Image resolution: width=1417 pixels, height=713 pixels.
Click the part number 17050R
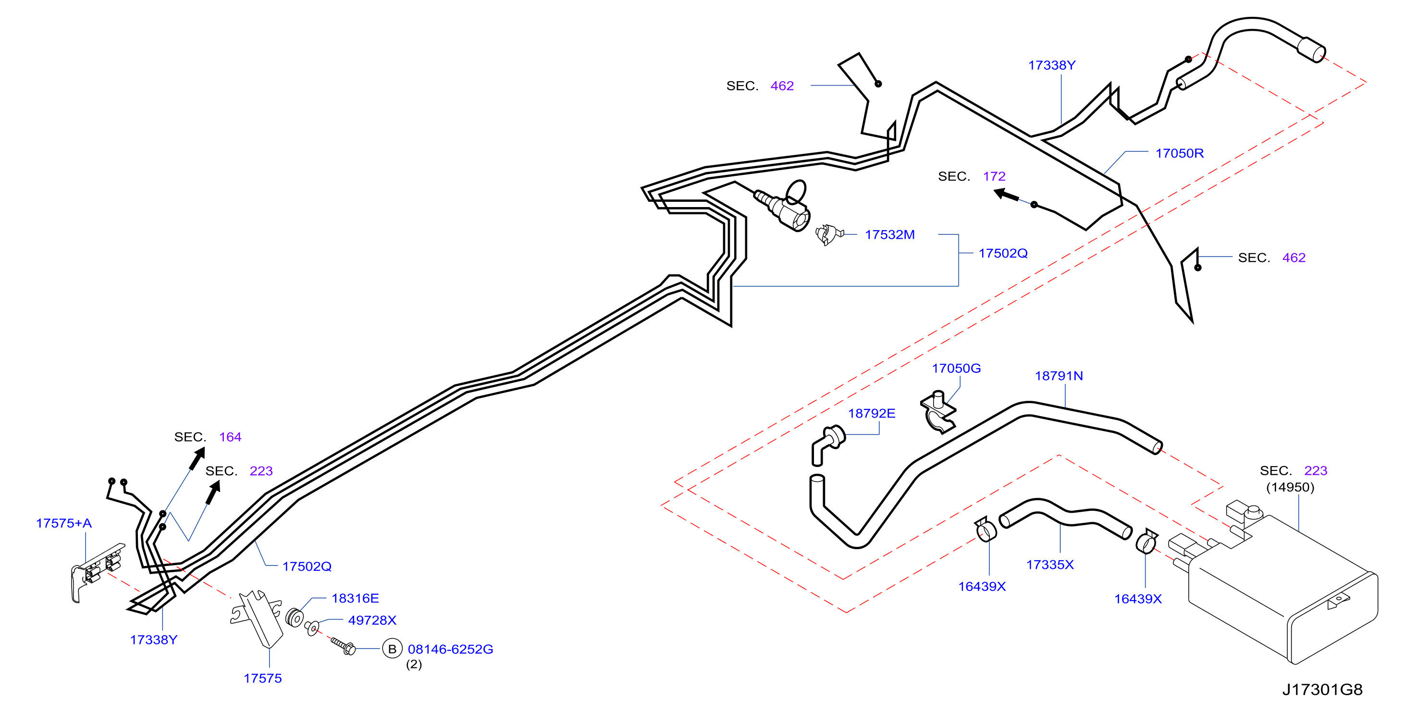click(x=1179, y=153)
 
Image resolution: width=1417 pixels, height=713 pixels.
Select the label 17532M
click(x=889, y=234)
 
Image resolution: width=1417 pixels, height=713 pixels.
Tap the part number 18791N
click(x=1059, y=376)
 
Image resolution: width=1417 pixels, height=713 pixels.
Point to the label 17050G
click(x=956, y=368)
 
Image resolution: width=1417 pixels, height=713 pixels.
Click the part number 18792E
click(x=871, y=413)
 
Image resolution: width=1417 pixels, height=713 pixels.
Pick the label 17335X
click(x=1049, y=565)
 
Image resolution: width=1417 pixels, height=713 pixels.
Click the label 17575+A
click(x=64, y=523)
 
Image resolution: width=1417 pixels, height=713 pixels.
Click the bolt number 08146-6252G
click(x=450, y=649)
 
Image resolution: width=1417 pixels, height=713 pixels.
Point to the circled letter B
click(x=392, y=649)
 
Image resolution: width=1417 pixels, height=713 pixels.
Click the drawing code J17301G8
click(x=1322, y=690)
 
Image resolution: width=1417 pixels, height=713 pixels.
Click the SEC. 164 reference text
click(x=208, y=437)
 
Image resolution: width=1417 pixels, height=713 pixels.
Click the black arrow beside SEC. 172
click(x=1006, y=195)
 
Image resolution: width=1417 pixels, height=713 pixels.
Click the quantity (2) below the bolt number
click(x=414, y=664)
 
